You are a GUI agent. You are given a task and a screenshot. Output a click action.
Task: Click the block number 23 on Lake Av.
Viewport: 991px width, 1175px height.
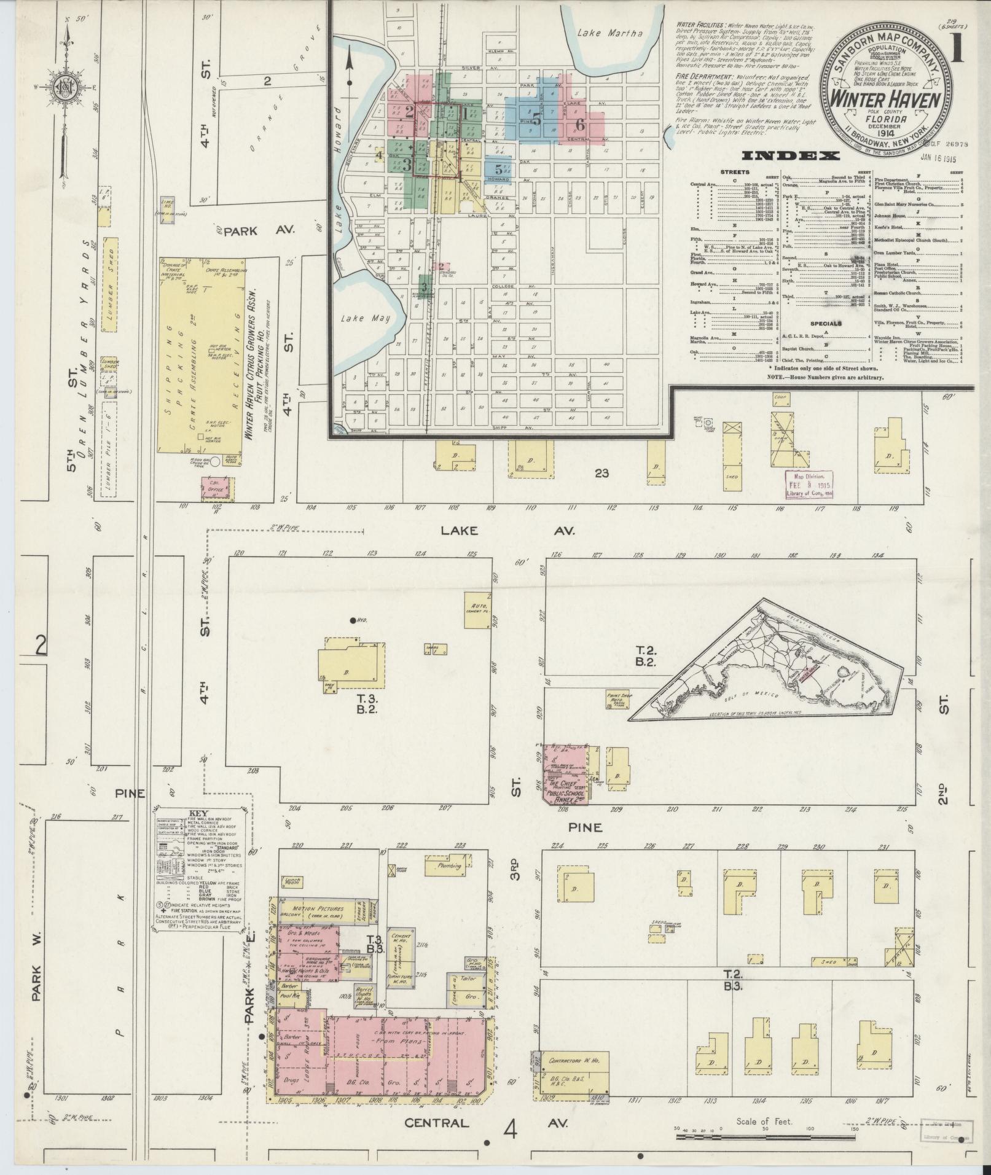coord(601,473)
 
